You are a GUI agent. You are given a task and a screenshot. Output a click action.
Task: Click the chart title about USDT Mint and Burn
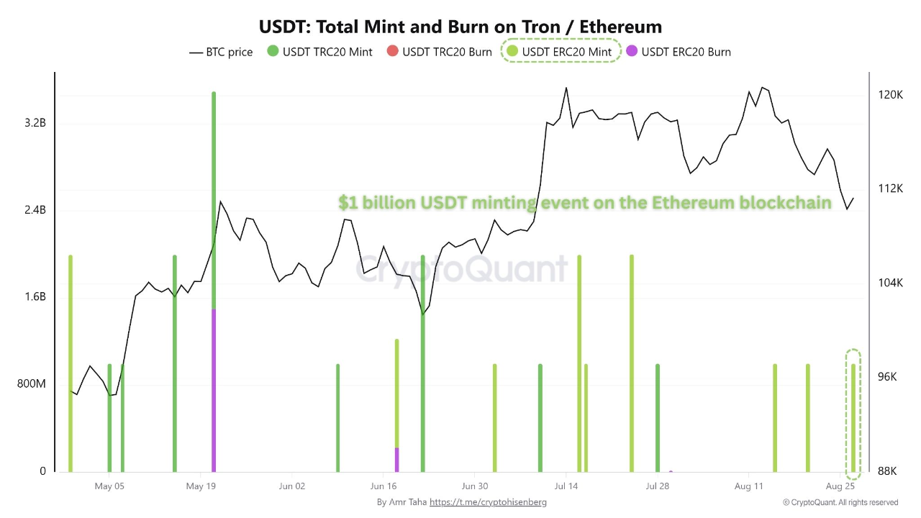(x=460, y=27)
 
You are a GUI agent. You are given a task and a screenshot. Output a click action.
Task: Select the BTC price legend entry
(x=221, y=52)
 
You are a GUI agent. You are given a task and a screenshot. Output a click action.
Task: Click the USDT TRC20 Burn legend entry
(x=440, y=52)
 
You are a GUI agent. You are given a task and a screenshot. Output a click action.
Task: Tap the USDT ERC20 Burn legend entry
(x=679, y=52)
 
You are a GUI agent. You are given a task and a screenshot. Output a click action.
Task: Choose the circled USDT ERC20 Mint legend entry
(x=560, y=52)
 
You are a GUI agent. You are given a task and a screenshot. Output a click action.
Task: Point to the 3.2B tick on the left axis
(x=35, y=123)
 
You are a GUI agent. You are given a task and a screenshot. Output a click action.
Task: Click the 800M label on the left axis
(x=32, y=384)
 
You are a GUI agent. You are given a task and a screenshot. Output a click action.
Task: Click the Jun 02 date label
(x=291, y=486)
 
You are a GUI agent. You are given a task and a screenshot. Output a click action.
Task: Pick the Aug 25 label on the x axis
(x=840, y=486)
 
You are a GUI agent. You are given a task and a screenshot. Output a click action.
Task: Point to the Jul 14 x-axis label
(x=566, y=486)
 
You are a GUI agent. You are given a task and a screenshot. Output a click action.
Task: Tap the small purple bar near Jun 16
(x=396, y=460)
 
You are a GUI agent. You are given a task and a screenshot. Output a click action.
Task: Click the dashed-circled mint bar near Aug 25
(x=853, y=417)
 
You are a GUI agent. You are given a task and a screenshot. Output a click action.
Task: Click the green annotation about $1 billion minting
(x=584, y=203)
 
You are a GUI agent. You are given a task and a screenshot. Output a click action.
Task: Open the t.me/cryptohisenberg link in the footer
(x=487, y=502)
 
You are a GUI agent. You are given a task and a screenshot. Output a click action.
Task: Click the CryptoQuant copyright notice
(x=840, y=502)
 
